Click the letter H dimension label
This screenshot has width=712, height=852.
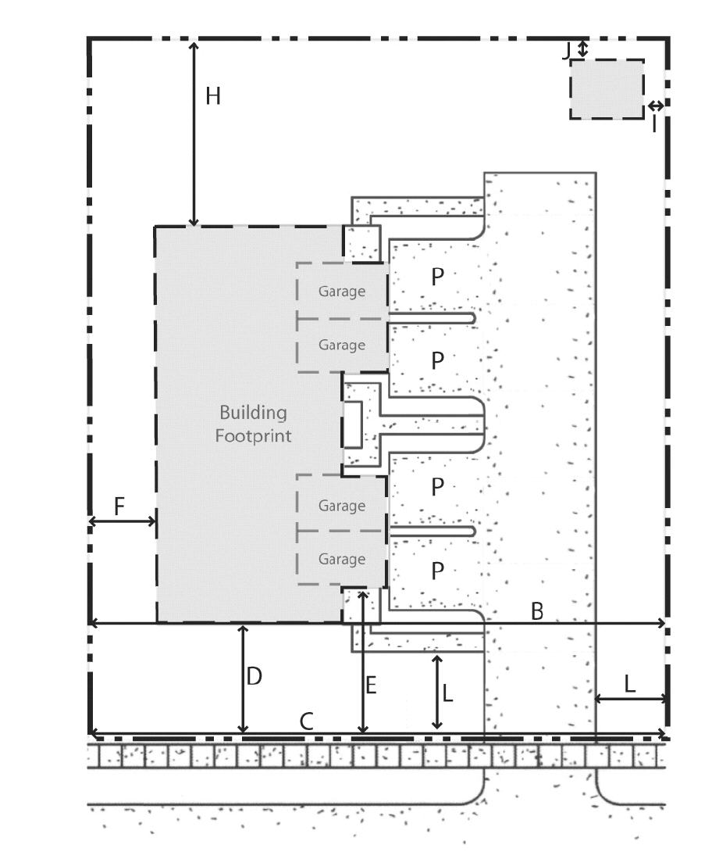pyautogui.click(x=213, y=96)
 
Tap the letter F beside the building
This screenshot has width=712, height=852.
pyautogui.click(x=119, y=507)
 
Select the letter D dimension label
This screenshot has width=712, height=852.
pyautogui.click(x=254, y=676)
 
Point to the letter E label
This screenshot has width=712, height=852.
pyautogui.click(x=371, y=686)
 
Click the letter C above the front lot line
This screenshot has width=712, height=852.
pyautogui.click(x=307, y=721)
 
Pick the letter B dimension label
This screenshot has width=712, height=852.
pyautogui.click(x=536, y=612)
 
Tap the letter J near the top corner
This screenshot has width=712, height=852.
pyautogui.click(x=566, y=52)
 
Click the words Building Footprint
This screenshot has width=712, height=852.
pyautogui.click(x=254, y=424)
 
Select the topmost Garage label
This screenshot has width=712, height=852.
pyautogui.click(x=342, y=292)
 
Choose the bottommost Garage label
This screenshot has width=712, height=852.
pyautogui.click(x=342, y=559)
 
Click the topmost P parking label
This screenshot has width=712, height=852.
pyautogui.click(x=437, y=277)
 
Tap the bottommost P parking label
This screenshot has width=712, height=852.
pyautogui.click(x=437, y=571)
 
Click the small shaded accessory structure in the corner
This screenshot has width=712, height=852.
pyautogui.click(x=607, y=89)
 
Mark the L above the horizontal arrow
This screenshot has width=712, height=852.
pyautogui.click(x=629, y=684)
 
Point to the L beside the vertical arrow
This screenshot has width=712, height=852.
pyautogui.click(x=447, y=693)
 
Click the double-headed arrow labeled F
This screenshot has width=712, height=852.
pyautogui.click(x=122, y=521)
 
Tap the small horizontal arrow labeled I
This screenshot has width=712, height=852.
pyautogui.click(x=656, y=106)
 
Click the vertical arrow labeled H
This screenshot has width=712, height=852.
pyautogui.click(x=194, y=134)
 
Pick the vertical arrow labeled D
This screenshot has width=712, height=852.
pyautogui.click(x=244, y=679)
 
